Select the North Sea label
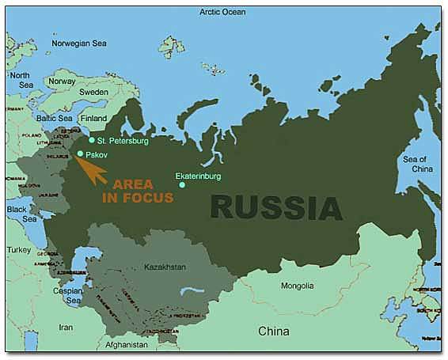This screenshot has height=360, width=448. point(20,80)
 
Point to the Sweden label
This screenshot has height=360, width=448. point(94,92)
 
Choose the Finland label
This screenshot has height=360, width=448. point(93,119)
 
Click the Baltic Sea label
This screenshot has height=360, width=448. point(55,119)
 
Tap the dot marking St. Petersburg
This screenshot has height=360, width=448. point(92,140)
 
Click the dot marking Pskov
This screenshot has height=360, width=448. point(80,153)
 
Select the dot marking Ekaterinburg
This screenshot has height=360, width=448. point(182,185)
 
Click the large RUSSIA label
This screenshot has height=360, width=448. point(277,207)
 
